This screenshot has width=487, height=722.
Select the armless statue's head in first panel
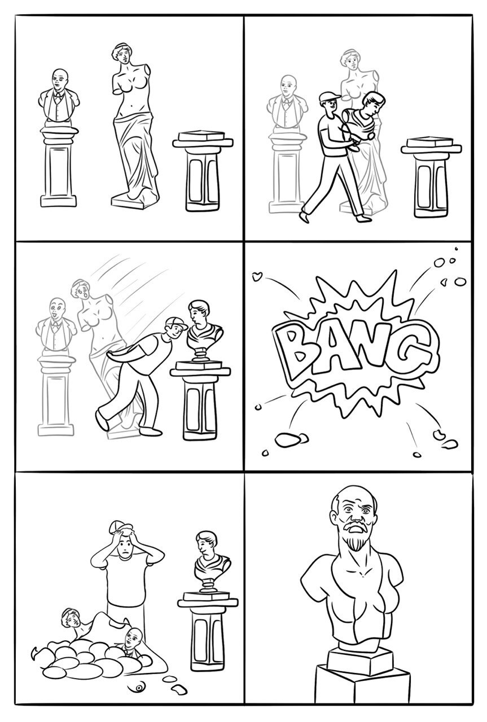pos(121,53)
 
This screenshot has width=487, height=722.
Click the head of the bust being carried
pos(374,103)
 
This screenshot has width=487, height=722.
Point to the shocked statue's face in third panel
pos(82,290)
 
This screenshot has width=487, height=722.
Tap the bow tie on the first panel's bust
pos(58,95)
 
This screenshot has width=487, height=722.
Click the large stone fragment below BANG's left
pos(288,439)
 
